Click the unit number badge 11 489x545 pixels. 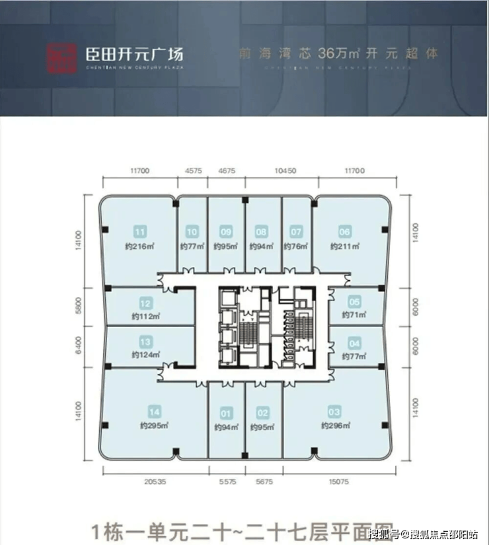pyautogui.click(x=139, y=232)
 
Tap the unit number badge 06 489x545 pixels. pyautogui.click(x=344, y=232)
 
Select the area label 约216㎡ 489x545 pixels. pyautogui.click(x=140, y=246)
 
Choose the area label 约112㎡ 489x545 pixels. pyautogui.click(x=147, y=317)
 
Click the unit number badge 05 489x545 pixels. pyautogui.click(x=355, y=303)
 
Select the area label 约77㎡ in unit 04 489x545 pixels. pyautogui.click(x=354, y=357)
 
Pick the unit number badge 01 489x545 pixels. pyautogui.click(x=226, y=414)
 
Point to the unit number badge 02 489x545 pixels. pyautogui.click(x=263, y=414)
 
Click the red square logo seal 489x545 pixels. pyautogui.click(x=59, y=57)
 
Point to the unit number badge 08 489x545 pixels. pyautogui.click(x=262, y=232)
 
